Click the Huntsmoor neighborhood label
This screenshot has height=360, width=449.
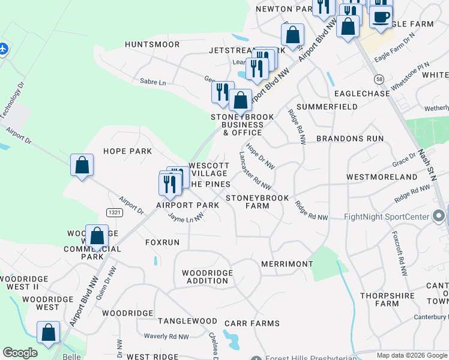coord(152,44)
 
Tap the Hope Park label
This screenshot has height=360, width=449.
coord(127,151)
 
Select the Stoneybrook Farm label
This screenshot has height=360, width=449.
coord(257,202)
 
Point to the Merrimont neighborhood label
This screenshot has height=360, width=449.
coord(287,264)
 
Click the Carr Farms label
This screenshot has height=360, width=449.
coord(252,323)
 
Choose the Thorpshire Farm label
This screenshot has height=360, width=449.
coord(388,299)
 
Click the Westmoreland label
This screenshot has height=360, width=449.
coord(382,177)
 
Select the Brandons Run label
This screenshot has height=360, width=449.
coord(349,139)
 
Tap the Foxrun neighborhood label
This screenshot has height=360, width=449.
coord(162,242)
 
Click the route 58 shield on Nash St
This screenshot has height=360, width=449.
coord(378,79)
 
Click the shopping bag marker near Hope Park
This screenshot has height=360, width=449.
coord(82,165)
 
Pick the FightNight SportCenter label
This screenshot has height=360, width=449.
coord(387,217)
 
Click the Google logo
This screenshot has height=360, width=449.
coord(20,353)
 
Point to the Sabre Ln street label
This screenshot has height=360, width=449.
coord(152,81)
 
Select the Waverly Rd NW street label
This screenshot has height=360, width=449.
coord(169,337)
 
